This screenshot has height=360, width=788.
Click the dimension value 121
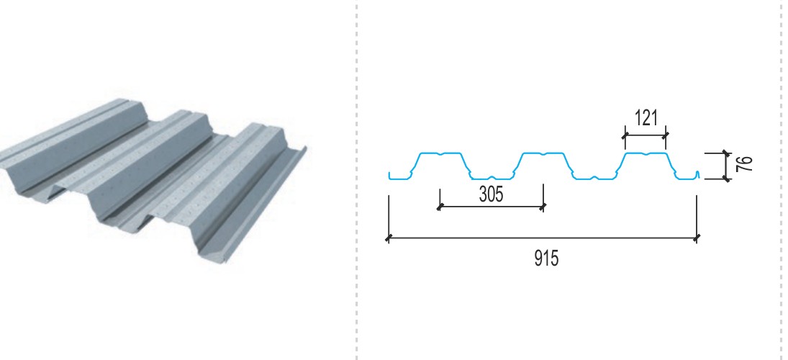point(646,117)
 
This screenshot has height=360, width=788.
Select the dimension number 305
point(491,194)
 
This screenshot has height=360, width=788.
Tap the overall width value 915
point(546,258)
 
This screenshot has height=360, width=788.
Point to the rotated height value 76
point(745,164)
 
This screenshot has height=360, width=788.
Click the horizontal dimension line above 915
point(543,238)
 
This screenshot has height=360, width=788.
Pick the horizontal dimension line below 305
point(492,206)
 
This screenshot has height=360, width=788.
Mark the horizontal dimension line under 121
point(646,135)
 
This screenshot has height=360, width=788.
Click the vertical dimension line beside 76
point(725,166)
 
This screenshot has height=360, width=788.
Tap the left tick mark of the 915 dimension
point(388,238)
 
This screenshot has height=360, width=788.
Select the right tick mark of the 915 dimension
point(697,238)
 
